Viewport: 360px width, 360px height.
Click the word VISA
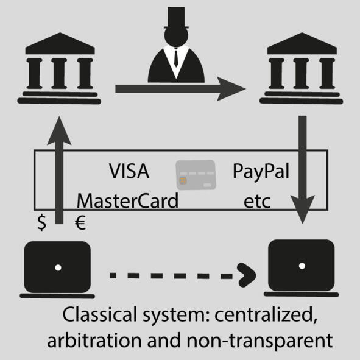pyautogui.click(x=129, y=171)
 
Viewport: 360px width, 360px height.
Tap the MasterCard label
pyautogui.click(x=127, y=200)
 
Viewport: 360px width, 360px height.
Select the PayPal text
pyautogui.click(x=261, y=172)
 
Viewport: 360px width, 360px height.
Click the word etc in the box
pyautogui.click(x=257, y=202)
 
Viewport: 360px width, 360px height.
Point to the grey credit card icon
pyautogui.click(x=196, y=175)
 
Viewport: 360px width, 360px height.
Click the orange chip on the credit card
pyautogui.click(x=183, y=180)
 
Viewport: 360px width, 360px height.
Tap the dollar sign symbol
pyautogui.click(x=42, y=223)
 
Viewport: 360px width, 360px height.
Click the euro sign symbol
pyautogui.click(x=80, y=223)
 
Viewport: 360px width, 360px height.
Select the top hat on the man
pyautogui.click(x=176, y=18)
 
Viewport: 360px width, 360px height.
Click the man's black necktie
pyautogui.click(x=176, y=57)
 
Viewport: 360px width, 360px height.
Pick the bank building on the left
pyautogui.click(x=60, y=68)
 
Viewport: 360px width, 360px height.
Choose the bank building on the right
pyautogui.click(x=302, y=68)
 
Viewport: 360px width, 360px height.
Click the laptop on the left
pyautogui.click(x=57, y=270)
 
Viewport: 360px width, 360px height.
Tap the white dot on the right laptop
pyautogui.click(x=302, y=266)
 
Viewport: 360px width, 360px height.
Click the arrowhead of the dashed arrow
pyautogui.click(x=247, y=275)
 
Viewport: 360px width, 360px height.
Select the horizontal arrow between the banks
pyautogui.click(x=180, y=89)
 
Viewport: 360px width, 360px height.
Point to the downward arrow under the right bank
pyautogui.click(x=303, y=170)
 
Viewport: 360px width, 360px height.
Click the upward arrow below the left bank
pyautogui.click(x=59, y=170)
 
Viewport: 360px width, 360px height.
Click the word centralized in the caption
pyautogui.click(x=266, y=314)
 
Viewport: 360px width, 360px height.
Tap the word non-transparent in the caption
pyautogui.click(x=259, y=341)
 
